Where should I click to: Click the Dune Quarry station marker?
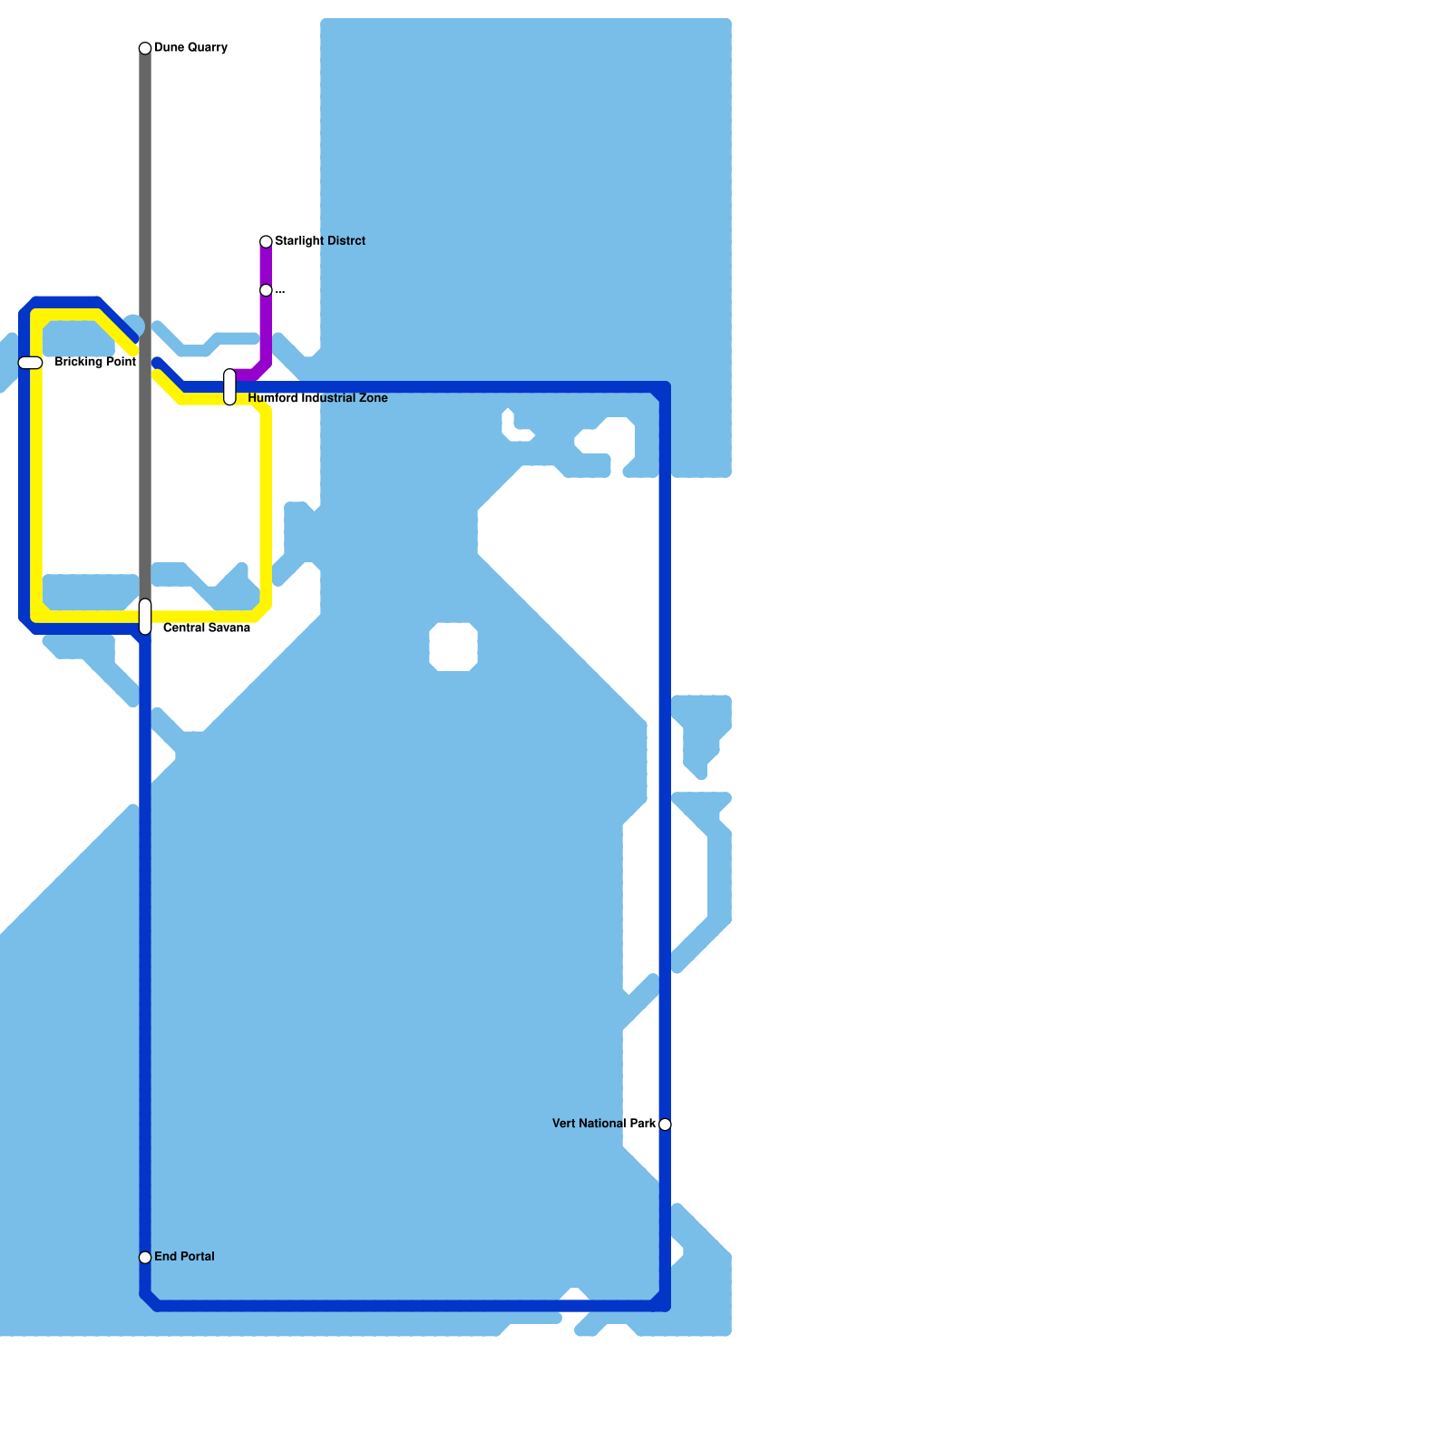tap(145, 48)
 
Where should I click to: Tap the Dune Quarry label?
tap(190, 47)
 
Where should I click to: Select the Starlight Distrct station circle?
tap(266, 241)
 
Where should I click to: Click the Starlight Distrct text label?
tap(320, 240)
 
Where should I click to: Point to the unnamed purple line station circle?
tap(266, 290)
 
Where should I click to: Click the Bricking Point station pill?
tap(31, 363)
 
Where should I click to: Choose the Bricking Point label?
tap(95, 362)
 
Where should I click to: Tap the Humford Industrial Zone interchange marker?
tap(230, 387)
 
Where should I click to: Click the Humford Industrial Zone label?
tap(317, 398)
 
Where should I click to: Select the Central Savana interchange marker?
tap(145, 617)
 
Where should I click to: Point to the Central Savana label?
tap(207, 628)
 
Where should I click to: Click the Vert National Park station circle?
tap(665, 1125)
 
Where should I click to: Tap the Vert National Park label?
tap(604, 1124)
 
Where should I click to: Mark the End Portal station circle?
tap(145, 1257)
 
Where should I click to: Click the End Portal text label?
tap(184, 1256)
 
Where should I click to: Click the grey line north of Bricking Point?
tap(145, 181)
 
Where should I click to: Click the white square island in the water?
tap(453, 647)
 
